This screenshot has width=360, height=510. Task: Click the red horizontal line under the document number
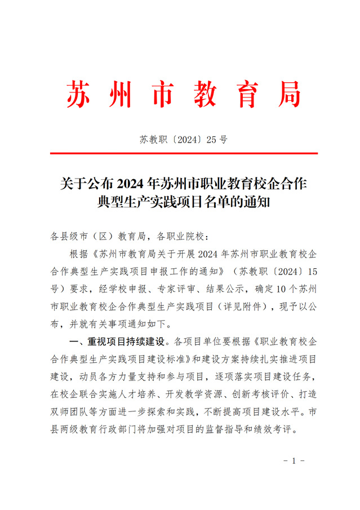(x=184, y=153)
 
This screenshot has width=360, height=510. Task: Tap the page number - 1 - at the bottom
(x=294, y=460)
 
